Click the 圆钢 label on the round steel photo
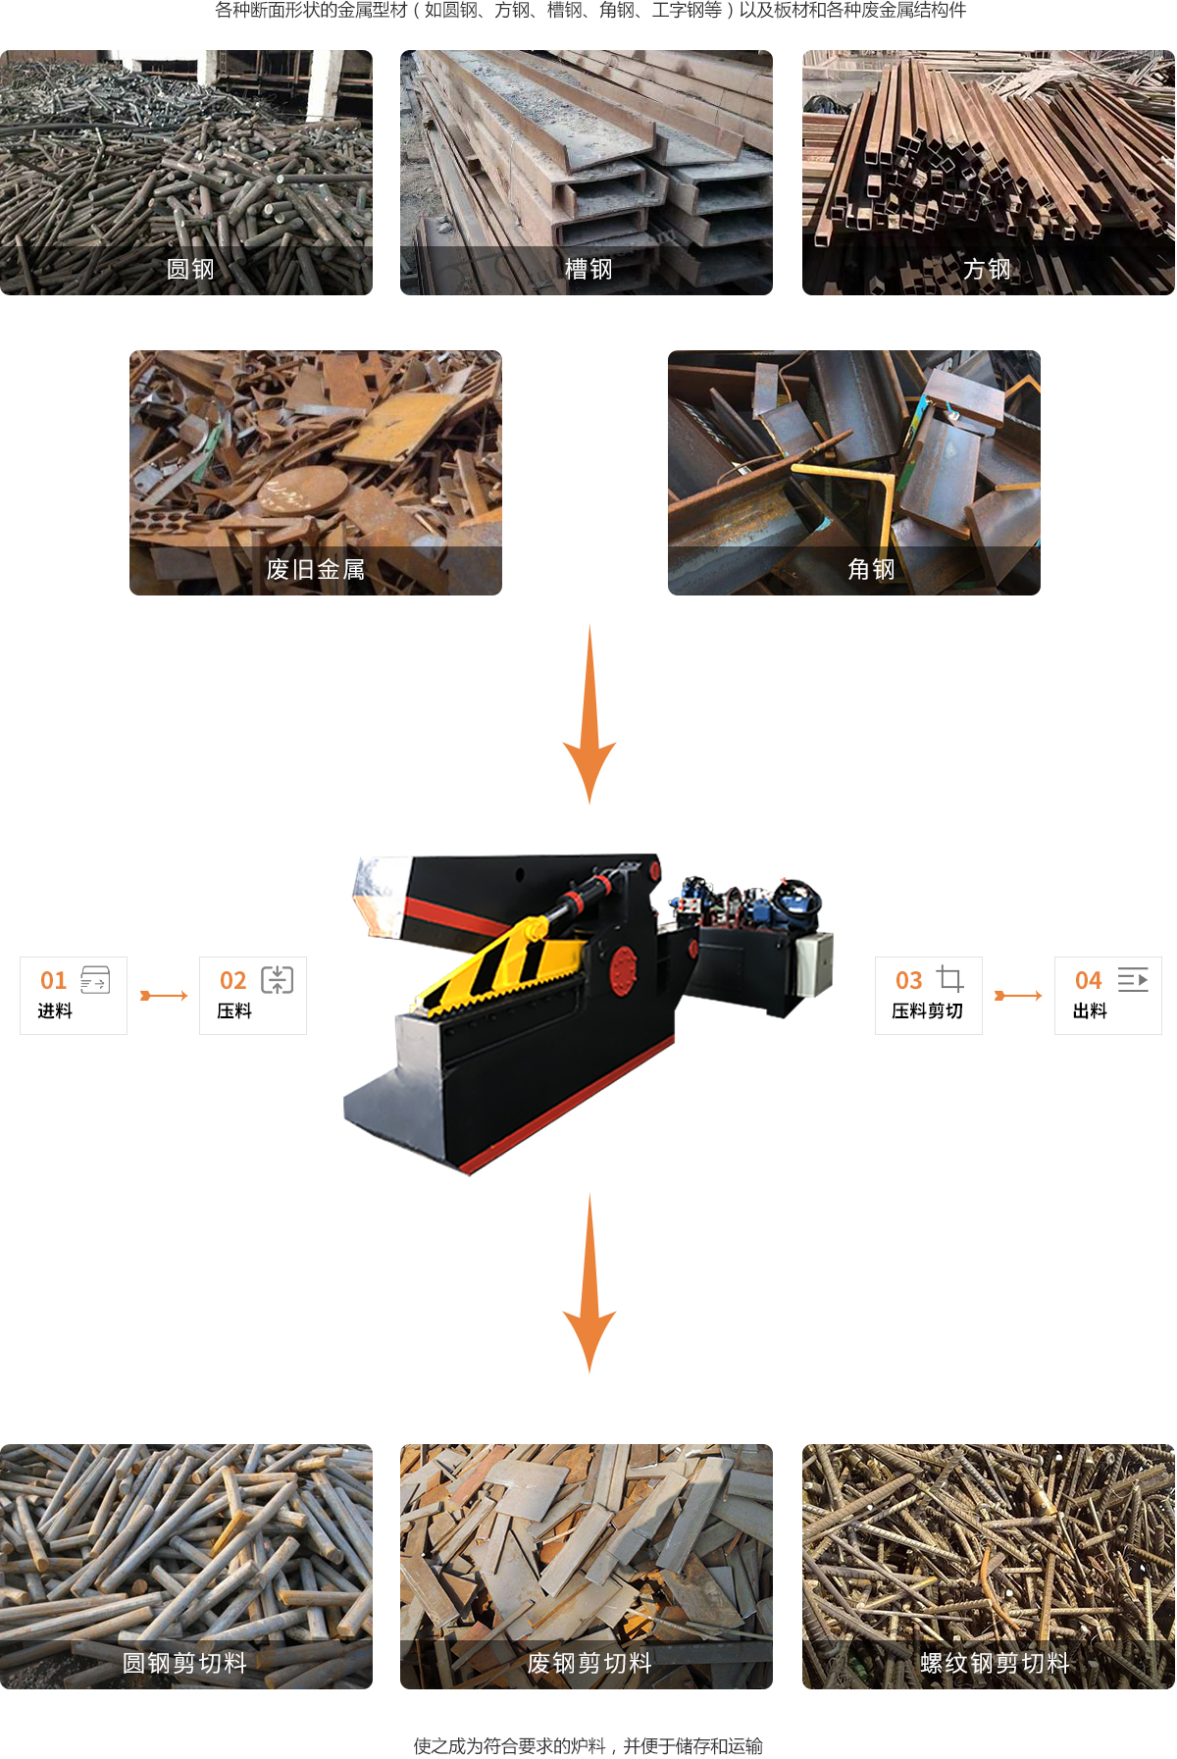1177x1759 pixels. pos(190,269)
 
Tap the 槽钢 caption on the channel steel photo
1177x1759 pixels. pos(588,269)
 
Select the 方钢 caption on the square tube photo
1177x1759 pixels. pos(987,269)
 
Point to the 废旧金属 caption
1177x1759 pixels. pos(316,569)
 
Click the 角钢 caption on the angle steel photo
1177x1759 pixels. pos(871,569)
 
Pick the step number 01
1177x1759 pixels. pos(54,980)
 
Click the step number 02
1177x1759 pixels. pos(233,980)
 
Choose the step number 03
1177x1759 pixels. pos(909,980)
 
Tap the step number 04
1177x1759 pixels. pos(1089,980)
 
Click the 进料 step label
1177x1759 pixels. pos(55,1010)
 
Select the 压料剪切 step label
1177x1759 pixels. pos(927,1010)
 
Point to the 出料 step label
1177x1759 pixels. pos(1090,1010)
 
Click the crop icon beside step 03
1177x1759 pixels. pos(949,978)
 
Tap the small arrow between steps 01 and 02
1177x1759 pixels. pos(164,996)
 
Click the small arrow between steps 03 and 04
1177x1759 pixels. pos(1018,996)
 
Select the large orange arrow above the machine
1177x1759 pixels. pos(589,714)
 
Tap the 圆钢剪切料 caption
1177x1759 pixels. pos(184,1663)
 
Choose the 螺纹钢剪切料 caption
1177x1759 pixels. pos(995,1663)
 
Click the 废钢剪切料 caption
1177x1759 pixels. pos(589,1663)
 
